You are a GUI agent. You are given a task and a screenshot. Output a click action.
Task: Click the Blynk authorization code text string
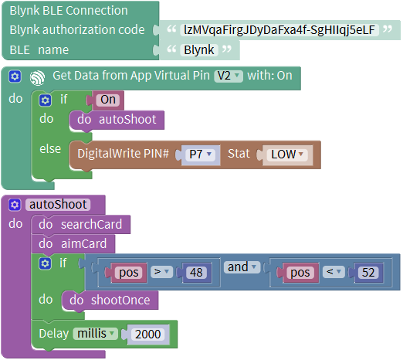(x=279, y=30)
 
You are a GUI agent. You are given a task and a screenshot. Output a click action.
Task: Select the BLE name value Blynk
(x=199, y=49)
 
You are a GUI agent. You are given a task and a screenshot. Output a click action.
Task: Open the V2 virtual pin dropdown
(x=229, y=76)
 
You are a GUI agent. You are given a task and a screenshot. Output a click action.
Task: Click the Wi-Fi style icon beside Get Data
(x=37, y=77)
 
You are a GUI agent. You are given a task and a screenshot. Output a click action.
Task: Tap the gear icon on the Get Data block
(x=15, y=76)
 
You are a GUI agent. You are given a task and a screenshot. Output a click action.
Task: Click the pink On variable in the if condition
(x=108, y=100)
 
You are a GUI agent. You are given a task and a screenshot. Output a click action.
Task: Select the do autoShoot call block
(x=117, y=120)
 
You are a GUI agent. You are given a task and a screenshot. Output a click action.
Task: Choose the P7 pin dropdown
(x=201, y=154)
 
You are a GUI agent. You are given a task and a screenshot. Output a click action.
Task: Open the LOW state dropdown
(x=287, y=154)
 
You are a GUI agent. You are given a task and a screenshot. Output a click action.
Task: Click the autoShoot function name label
(x=58, y=205)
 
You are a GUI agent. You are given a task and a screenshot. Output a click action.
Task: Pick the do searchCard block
(x=80, y=225)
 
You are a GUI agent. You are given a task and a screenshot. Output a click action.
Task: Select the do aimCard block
(x=73, y=244)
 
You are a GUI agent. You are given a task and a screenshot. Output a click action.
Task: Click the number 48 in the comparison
(x=196, y=273)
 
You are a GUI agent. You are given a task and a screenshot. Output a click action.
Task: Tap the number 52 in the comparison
(x=368, y=273)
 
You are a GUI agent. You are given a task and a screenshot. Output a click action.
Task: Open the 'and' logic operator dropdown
(x=242, y=267)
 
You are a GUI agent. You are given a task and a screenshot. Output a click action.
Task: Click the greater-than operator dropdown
(x=161, y=272)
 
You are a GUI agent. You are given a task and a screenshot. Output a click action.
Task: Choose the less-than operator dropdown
(x=334, y=272)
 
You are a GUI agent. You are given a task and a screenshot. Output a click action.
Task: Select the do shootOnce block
(x=110, y=301)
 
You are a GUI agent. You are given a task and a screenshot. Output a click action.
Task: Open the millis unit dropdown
(x=95, y=334)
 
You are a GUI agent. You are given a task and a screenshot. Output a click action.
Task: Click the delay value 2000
(x=147, y=335)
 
